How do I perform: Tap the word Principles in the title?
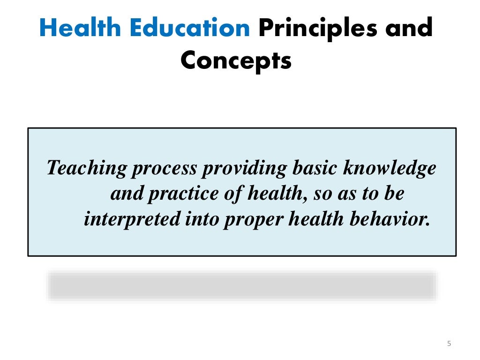[317, 29]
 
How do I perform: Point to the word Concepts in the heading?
[236, 61]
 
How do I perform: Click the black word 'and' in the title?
[408, 29]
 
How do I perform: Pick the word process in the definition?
[164, 168]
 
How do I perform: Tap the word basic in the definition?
[312, 168]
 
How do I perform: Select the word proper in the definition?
[254, 219]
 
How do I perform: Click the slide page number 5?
[449, 344]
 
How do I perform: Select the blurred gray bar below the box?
[242, 285]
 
